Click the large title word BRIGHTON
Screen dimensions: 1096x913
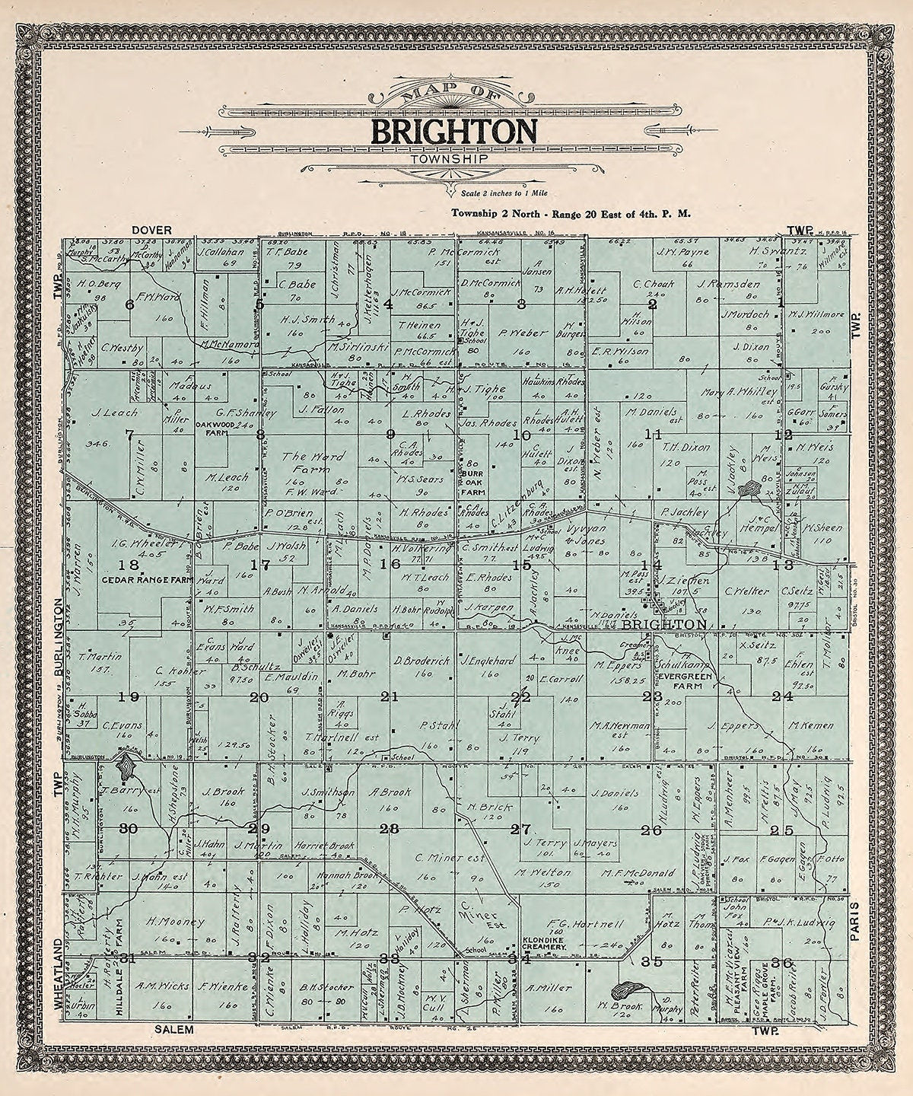[x=454, y=132]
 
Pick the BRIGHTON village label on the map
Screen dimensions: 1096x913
[x=663, y=624]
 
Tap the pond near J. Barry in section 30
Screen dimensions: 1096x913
[x=127, y=764]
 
